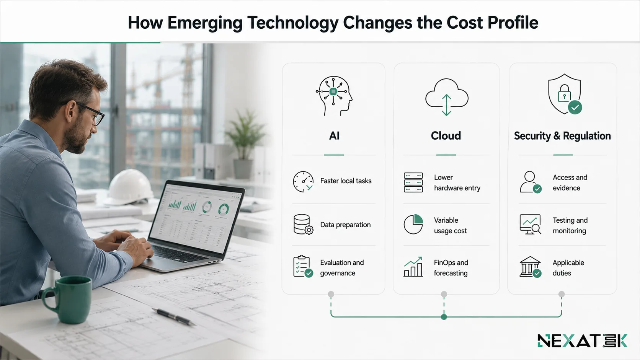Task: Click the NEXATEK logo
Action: click(x=582, y=340)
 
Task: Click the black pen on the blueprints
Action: click(x=174, y=317)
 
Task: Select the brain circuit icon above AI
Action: click(x=334, y=96)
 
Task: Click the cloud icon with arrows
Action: click(x=447, y=97)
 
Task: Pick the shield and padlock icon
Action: click(x=565, y=94)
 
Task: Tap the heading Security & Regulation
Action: click(x=562, y=136)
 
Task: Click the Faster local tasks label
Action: click(x=346, y=181)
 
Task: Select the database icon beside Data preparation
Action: click(x=303, y=225)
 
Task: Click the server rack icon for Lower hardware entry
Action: click(x=413, y=182)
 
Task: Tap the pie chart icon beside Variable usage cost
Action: click(x=413, y=224)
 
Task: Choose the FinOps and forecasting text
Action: click(x=451, y=268)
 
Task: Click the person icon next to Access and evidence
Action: click(x=531, y=182)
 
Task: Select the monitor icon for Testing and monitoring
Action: click(x=530, y=225)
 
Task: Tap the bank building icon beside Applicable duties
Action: click(x=530, y=267)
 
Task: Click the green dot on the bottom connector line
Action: click(x=444, y=317)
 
